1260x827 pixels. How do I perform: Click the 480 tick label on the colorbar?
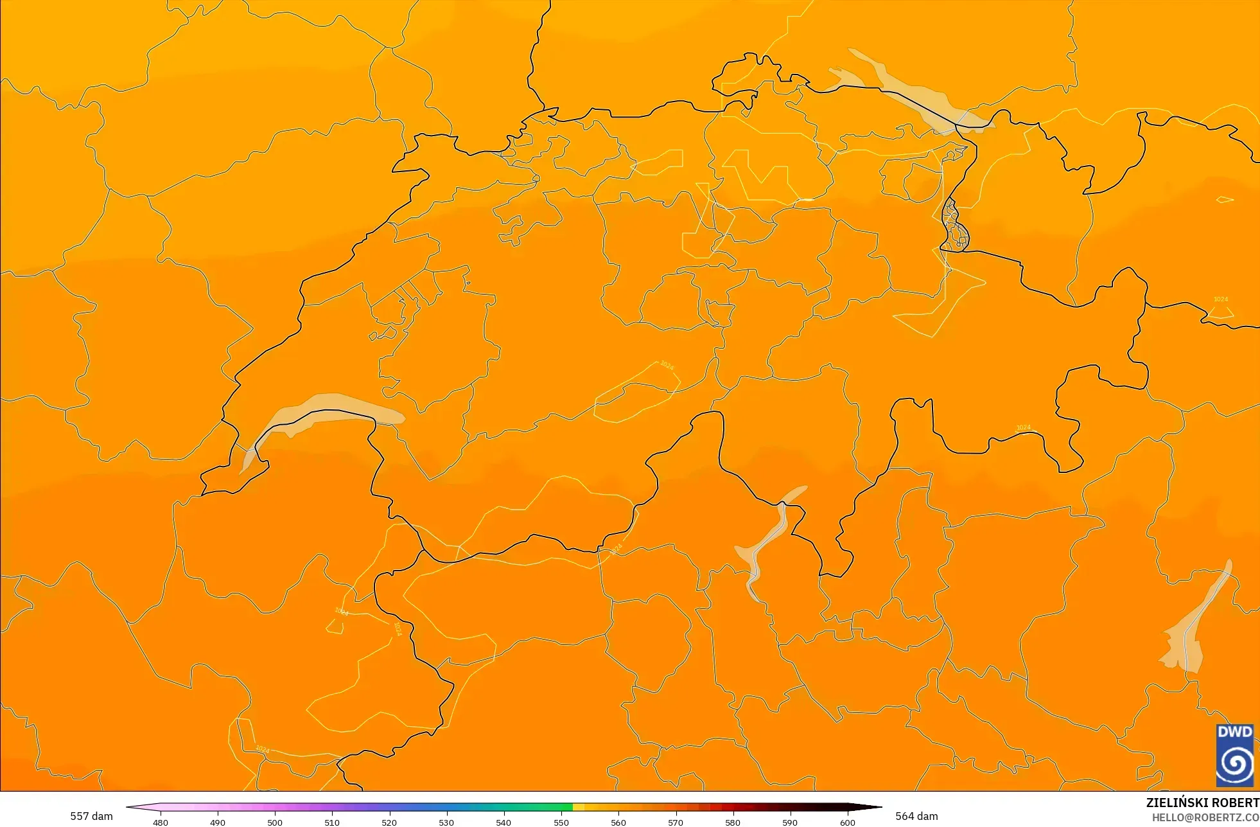(161, 822)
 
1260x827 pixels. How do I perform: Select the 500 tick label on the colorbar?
(275, 822)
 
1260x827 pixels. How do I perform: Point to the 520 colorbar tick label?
(389, 822)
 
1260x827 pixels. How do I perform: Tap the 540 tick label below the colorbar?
(503, 822)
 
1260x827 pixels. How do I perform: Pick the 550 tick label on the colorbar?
(561, 822)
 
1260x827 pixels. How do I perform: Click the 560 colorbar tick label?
(618, 822)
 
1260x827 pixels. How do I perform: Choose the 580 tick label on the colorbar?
(733, 822)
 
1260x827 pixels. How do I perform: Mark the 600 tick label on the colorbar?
(848, 822)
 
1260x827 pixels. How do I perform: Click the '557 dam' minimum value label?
(91, 816)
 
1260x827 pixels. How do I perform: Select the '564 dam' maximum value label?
(916, 816)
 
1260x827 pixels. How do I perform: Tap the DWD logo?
(1234, 755)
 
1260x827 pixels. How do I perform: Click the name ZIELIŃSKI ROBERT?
(1202, 803)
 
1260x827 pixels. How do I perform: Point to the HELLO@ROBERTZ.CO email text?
(1205, 817)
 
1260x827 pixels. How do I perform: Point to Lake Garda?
(1188, 636)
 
